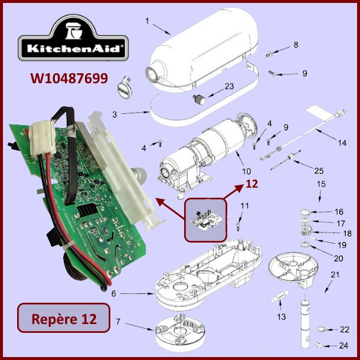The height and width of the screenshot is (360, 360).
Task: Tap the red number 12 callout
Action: point(252,184)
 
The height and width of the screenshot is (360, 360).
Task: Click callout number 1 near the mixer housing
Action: point(147,21)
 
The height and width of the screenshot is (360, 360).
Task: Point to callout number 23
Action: point(229,86)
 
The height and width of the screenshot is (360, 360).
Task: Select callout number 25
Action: point(319,171)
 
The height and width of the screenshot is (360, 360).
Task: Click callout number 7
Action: point(117,322)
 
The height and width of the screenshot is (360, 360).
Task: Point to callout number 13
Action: point(282,317)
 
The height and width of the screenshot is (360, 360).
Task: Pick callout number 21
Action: point(335,274)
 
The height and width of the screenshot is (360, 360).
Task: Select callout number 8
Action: point(296,45)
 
